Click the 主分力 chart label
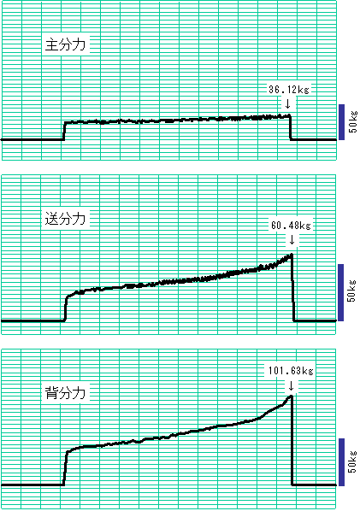point(65,44)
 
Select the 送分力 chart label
point(65,219)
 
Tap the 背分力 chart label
point(65,393)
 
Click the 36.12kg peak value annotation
point(289,89)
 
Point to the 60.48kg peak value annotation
point(291,226)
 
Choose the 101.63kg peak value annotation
point(291,371)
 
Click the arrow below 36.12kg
point(287,104)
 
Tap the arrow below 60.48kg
point(292,240)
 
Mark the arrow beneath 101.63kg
point(292,386)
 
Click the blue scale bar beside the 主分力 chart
point(341,122)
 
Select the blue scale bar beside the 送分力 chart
point(341,292)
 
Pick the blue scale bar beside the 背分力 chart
point(341,462)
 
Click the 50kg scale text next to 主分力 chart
point(353,122)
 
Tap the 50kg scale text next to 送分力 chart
point(351,291)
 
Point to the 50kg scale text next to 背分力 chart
point(353,461)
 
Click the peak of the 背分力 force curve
point(290,396)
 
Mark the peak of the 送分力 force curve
point(291,254)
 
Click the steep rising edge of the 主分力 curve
point(64,131)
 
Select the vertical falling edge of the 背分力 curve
point(292,441)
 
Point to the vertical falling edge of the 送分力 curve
point(292,288)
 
